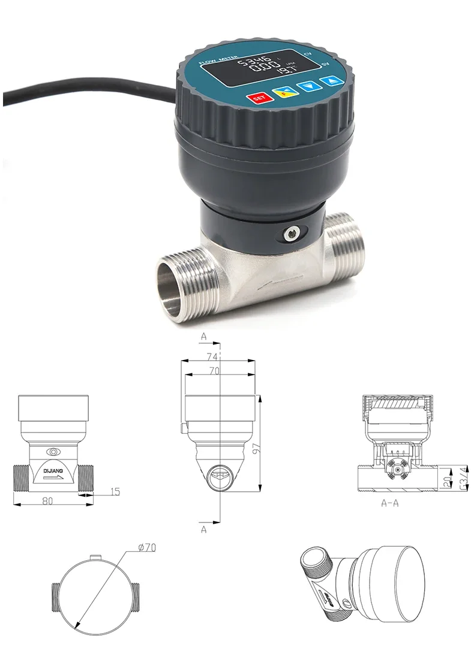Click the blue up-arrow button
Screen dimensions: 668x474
point(329,82)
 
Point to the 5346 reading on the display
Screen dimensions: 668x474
point(254,62)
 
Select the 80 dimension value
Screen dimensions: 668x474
point(47,501)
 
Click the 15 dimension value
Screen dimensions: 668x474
point(115,492)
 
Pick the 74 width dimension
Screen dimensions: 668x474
point(211,356)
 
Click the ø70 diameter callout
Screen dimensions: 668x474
point(146,547)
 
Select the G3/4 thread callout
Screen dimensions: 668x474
point(463,478)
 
